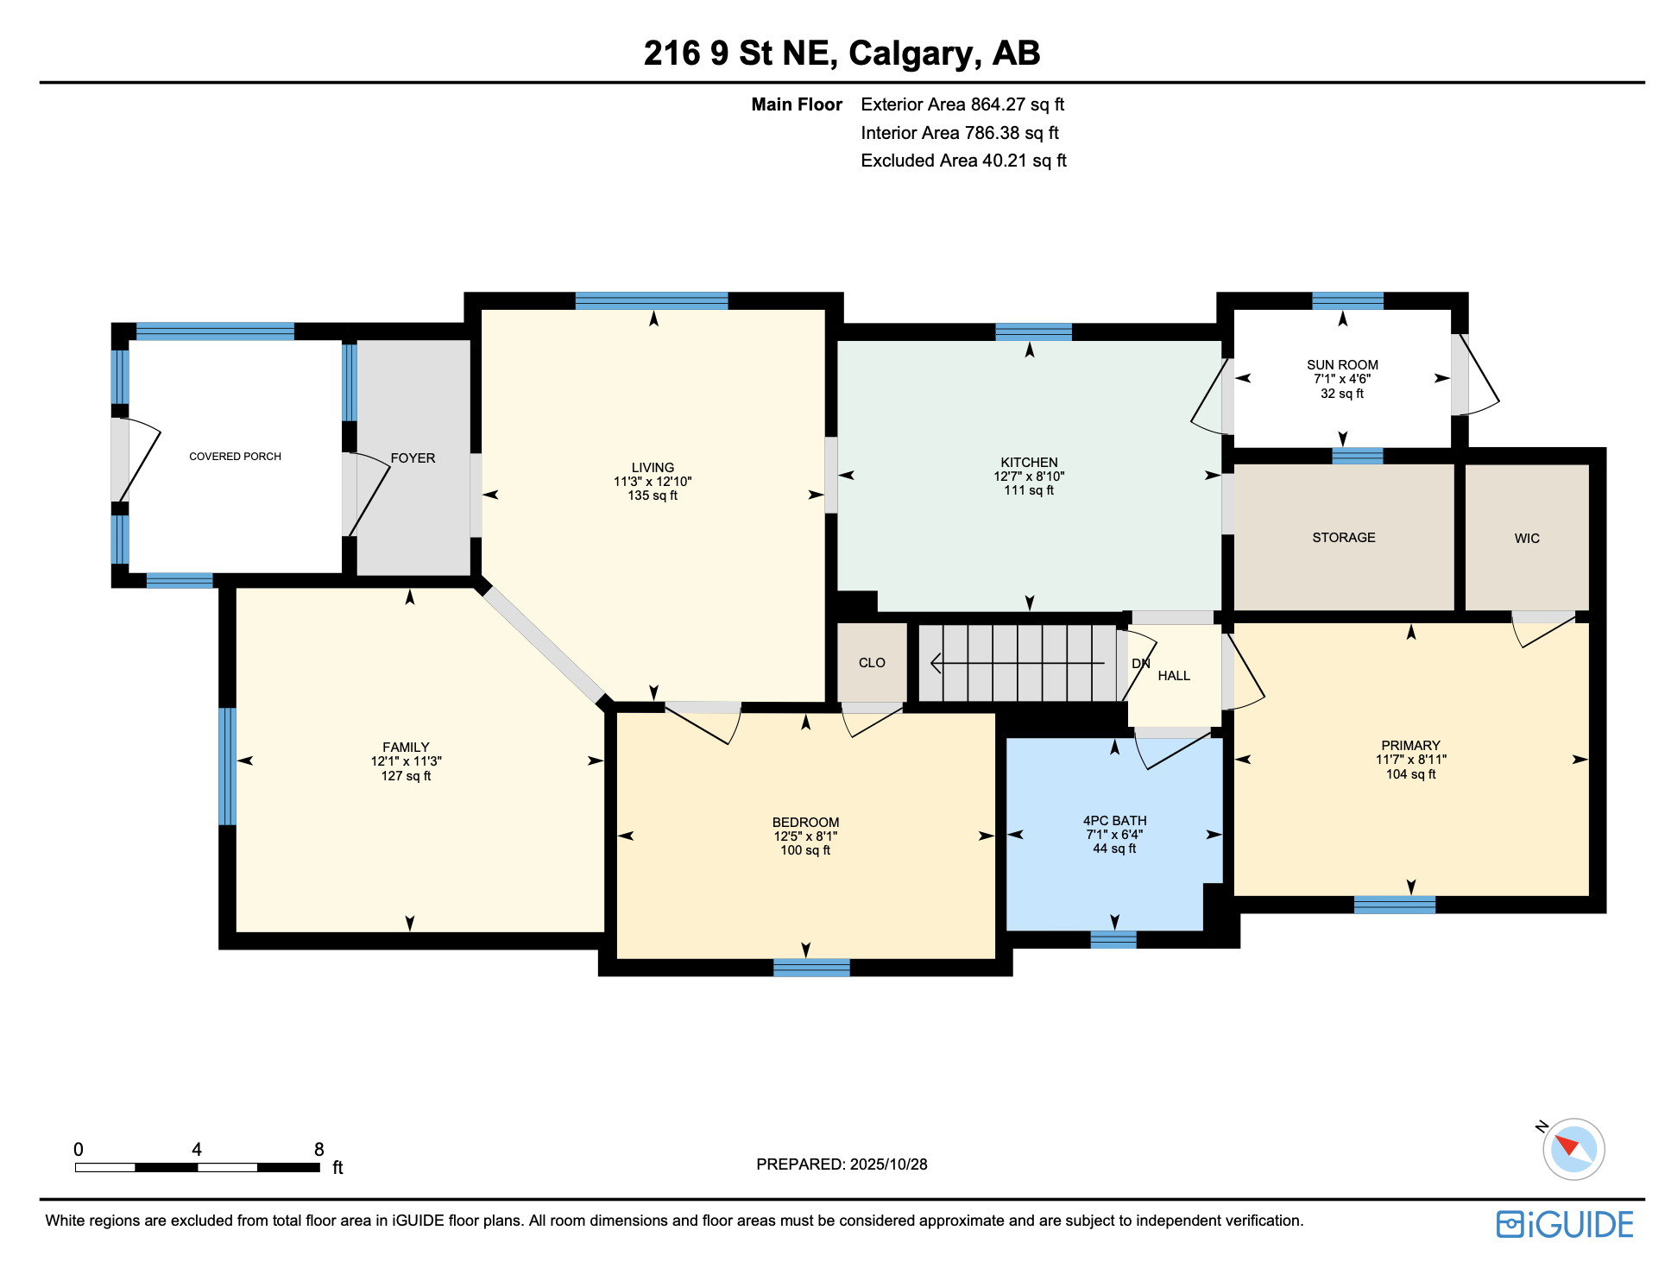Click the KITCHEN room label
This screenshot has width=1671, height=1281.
(x=1028, y=462)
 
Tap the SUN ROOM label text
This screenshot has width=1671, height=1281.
(x=1341, y=364)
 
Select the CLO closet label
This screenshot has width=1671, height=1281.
(x=871, y=662)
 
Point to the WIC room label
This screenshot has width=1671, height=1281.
(x=1526, y=538)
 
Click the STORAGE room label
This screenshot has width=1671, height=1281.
(x=1343, y=537)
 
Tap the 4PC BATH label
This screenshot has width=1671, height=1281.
(x=1114, y=820)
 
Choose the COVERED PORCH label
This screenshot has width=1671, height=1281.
(x=235, y=456)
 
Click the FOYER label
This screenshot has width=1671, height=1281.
(x=413, y=457)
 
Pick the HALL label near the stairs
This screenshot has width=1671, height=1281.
(x=1173, y=675)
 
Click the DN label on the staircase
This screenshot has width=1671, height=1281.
(x=1140, y=663)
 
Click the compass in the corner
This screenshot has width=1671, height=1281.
(x=1573, y=1148)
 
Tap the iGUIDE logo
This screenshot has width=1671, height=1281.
(x=1563, y=1224)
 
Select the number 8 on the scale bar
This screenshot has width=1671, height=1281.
(x=318, y=1149)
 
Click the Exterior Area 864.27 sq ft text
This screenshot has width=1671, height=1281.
(x=962, y=104)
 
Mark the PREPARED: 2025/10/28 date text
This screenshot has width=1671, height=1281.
(x=841, y=1164)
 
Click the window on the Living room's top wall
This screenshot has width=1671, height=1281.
(x=651, y=300)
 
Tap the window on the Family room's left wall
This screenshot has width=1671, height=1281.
(x=227, y=766)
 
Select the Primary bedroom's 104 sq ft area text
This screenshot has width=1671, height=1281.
(x=1409, y=774)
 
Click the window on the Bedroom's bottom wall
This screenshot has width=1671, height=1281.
(x=810, y=967)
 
